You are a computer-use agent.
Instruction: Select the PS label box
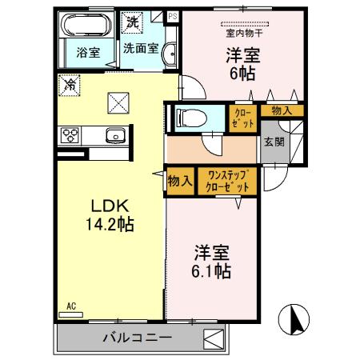(171, 14)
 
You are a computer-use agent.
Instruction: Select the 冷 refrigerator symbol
(70, 82)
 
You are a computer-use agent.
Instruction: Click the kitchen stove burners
(69, 135)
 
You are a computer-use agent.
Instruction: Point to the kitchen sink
(114, 136)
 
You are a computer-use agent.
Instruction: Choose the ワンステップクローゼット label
(227, 180)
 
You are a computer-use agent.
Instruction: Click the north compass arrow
(294, 321)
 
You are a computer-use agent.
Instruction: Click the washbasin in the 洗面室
(169, 54)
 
